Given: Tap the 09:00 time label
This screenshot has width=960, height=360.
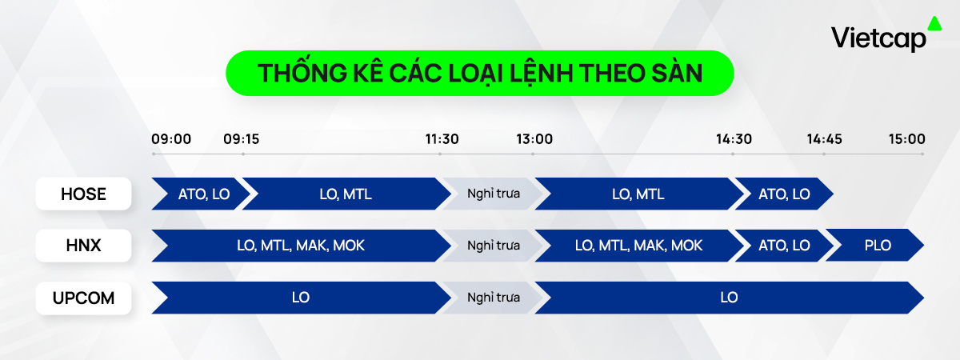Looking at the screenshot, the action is coord(171,139).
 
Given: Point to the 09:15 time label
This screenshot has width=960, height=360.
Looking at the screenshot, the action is coord(242,139).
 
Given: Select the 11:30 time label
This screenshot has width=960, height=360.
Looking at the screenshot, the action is coord(442,139).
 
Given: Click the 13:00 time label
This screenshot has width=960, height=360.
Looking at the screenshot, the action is coord(534,139).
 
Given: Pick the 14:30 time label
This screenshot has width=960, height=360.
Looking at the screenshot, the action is coord(734,139).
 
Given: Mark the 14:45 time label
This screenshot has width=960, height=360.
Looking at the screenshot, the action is coord(824,139).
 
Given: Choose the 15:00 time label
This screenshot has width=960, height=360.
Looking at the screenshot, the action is coord(907,139).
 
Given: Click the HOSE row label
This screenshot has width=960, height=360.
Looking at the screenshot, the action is coord(83,194).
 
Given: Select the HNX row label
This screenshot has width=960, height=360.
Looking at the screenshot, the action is coord(83,246).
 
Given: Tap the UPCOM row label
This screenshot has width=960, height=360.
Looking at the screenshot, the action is coord(83,298).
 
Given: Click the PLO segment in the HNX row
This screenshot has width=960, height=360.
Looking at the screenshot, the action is coord(878,245).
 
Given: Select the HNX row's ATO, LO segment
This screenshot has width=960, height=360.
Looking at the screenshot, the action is coord(784,245).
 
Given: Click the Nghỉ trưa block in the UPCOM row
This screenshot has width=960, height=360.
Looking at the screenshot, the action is coord(494,298).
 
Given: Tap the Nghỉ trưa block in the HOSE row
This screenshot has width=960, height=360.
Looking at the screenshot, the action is coord(494,194).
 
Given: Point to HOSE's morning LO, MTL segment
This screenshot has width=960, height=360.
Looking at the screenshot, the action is coord(346,194).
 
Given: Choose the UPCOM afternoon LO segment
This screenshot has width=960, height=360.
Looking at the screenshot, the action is coord(729,298).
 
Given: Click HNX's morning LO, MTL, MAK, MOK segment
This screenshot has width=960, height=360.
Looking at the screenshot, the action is coord(301,245).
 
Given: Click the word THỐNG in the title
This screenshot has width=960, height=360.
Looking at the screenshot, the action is coord(302,73).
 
